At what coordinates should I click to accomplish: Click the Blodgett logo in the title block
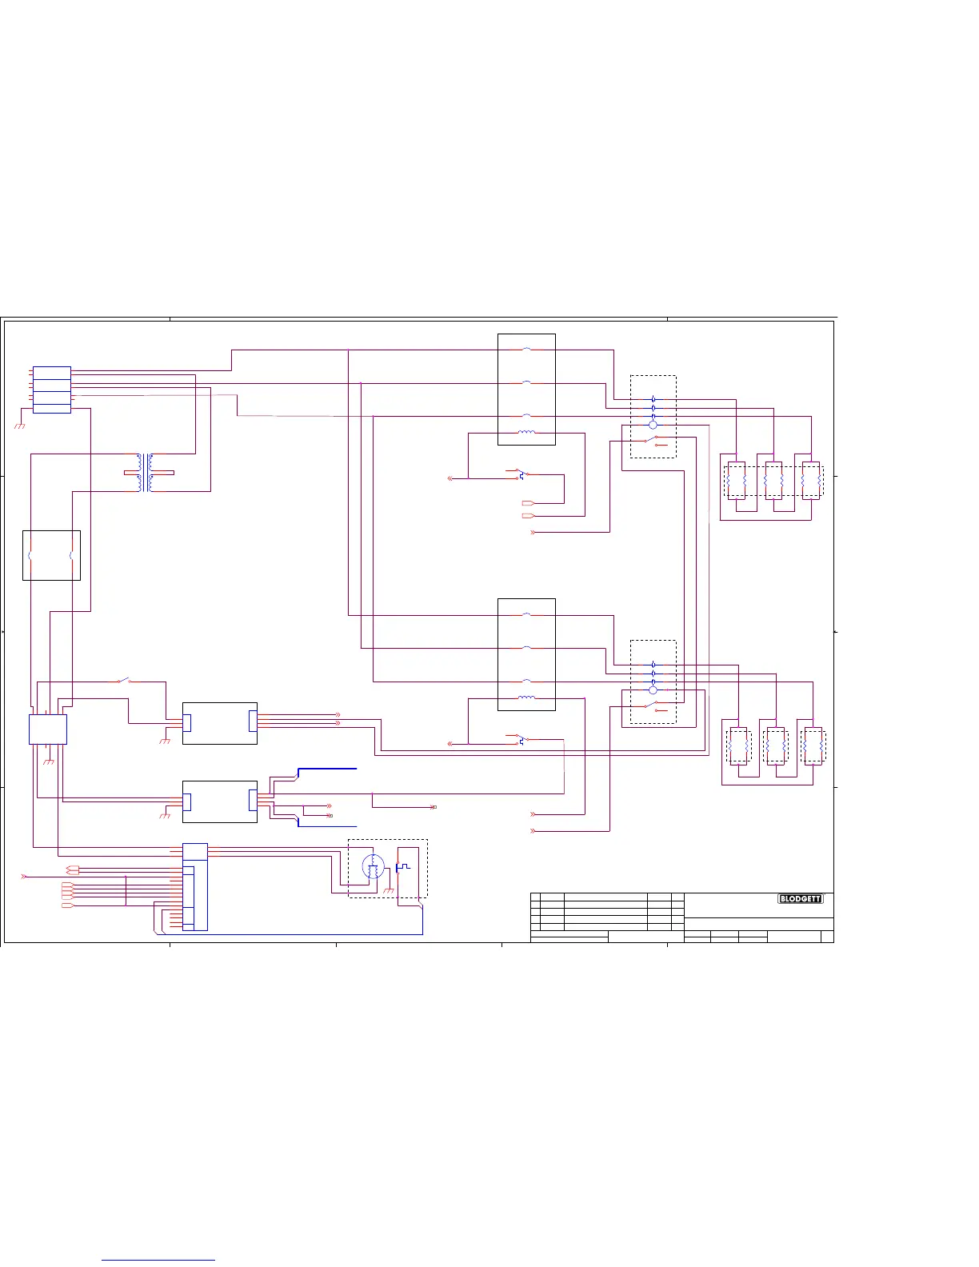(x=800, y=899)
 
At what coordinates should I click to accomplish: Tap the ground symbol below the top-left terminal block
(x=20, y=426)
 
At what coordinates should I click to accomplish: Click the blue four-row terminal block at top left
(x=52, y=390)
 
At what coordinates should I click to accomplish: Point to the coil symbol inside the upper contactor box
(x=526, y=433)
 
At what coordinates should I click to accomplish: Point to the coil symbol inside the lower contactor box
(x=526, y=697)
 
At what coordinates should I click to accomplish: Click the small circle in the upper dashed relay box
(x=653, y=426)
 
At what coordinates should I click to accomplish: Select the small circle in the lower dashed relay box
(x=653, y=689)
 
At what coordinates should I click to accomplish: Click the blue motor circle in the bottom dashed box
(x=373, y=866)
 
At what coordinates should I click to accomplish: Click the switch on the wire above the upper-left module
(x=124, y=681)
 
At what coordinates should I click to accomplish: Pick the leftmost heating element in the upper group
(x=737, y=481)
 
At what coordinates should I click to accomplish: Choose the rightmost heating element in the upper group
(x=811, y=481)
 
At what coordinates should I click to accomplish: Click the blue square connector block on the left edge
(x=47, y=729)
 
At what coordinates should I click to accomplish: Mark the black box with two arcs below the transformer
(x=51, y=555)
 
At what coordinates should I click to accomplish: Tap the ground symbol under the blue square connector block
(x=48, y=761)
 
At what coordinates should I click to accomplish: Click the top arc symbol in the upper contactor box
(x=526, y=350)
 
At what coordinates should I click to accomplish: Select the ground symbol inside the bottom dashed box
(x=390, y=890)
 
